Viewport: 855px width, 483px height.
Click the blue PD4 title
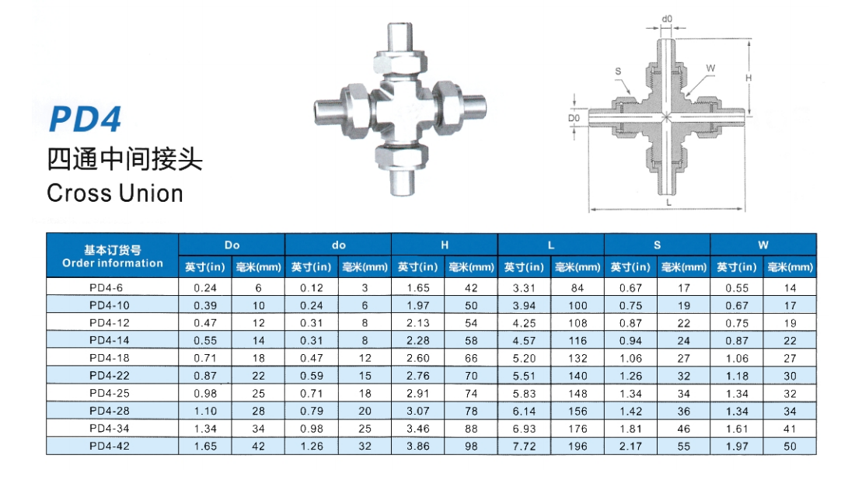[85, 119]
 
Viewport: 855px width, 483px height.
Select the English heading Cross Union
[115, 193]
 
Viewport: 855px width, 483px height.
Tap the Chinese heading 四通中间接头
[124, 159]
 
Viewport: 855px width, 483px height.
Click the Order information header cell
[113, 256]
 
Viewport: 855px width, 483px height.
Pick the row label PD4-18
[110, 358]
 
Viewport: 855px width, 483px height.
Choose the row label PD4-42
[110, 446]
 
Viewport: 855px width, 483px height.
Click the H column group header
[445, 245]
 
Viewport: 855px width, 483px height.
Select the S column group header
[657, 245]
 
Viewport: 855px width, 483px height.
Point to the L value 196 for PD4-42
[578, 447]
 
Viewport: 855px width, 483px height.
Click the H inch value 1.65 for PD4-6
[418, 288]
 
